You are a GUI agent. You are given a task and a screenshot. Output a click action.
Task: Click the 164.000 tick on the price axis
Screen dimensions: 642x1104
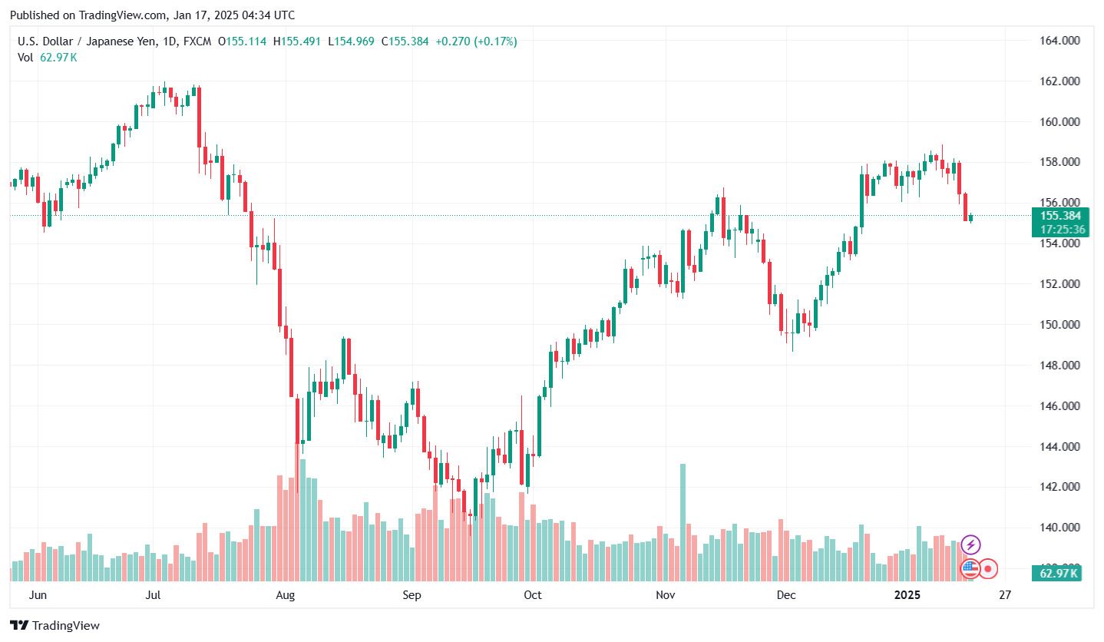point(1059,40)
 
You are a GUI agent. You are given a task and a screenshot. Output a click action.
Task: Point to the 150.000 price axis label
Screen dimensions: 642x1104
point(1059,324)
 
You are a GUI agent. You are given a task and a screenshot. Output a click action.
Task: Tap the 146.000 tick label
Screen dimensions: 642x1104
point(1059,405)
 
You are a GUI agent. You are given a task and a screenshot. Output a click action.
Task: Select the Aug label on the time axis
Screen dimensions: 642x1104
point(285,594)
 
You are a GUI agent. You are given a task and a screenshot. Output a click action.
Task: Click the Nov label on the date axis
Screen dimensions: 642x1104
point(665,594)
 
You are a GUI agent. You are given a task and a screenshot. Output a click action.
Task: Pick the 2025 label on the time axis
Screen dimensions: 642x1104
point(908,594)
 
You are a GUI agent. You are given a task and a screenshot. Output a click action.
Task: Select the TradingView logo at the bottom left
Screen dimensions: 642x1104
point(55,625)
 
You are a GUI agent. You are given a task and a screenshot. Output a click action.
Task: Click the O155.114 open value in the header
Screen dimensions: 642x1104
point(242,41)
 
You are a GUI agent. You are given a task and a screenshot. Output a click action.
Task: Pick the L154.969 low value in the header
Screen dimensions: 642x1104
point(351,41)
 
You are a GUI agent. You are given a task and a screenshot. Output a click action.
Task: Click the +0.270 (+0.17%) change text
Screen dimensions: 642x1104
point(476,41)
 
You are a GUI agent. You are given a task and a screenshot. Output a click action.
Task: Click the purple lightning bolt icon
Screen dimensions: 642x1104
point(970,545)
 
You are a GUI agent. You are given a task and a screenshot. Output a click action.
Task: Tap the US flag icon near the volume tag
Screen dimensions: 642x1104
point(970,568)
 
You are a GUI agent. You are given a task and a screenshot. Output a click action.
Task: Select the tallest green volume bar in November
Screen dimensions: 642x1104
point(683,522)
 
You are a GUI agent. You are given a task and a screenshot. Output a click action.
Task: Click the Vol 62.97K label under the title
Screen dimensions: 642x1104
point(48,57)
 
